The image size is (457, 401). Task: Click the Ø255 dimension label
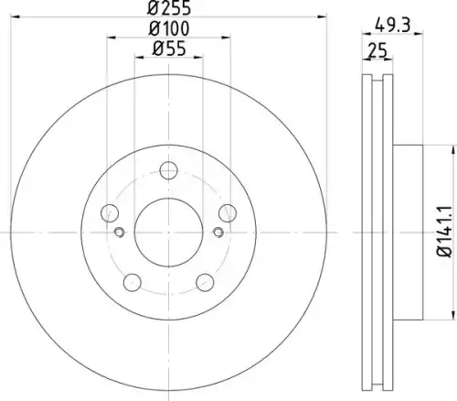point(169,7)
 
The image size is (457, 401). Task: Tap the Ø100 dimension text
point(169,28)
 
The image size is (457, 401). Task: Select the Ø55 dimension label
point(169,49)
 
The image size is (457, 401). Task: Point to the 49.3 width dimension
point(393,25)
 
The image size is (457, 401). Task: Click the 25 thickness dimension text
point(377,50)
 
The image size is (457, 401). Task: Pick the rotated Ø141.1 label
point(444,232)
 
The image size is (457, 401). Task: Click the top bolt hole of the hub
point(168,170)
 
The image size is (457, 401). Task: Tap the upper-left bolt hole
point(110,213)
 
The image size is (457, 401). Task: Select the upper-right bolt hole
point(228,213)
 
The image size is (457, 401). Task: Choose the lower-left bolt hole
point(133,282)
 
